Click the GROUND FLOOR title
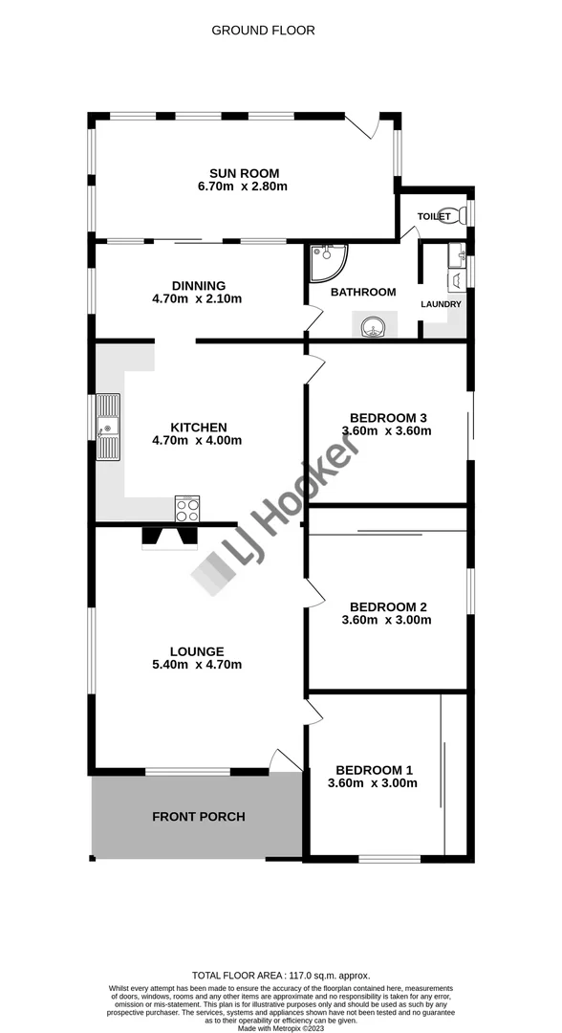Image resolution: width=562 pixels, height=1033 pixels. point(263,31)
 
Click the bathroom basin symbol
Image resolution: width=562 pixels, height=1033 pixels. point(372,327)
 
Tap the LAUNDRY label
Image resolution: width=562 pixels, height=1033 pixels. point(441,304)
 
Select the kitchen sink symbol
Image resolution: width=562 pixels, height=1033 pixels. point(108,427)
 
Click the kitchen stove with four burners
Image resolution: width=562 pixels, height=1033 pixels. point(187,509)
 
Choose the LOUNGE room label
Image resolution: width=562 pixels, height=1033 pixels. point(198,651)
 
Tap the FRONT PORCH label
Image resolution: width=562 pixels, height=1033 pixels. point(199,817)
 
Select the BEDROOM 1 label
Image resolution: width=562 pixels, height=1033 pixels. point(374,770)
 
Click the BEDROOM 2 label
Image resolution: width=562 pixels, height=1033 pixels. point(387,606)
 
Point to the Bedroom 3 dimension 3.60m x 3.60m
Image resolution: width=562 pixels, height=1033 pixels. point(387,430)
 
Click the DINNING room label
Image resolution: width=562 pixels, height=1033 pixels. point(198,285)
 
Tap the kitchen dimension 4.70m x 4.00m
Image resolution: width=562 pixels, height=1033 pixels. point(197,441)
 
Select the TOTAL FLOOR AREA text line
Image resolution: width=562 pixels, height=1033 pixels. point(280,975)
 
